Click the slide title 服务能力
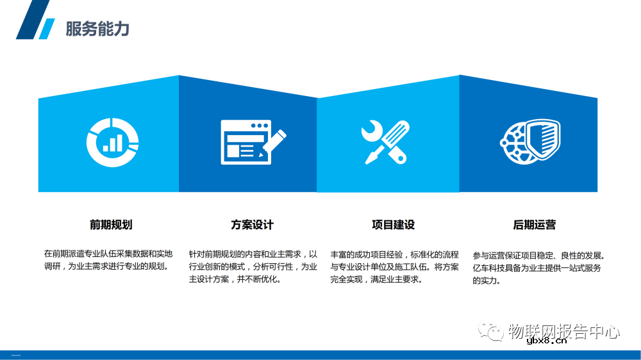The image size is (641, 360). [x=97, y=29]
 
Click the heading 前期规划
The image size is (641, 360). [x=111, y=225]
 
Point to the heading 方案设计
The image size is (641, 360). [x=252, y=225]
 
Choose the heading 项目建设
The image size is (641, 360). [x=393, y=225]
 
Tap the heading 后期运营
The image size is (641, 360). [x=534, y=225]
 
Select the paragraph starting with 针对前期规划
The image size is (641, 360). [x=253, y=266]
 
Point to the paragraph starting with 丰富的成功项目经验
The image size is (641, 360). [x=394, y=266]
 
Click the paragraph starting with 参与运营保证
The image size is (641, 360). [x=538, y=267]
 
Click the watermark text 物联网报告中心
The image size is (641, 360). [x=563, y=331]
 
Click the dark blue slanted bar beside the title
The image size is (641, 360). [x=32, y=19]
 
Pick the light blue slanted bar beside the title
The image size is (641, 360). [x=46, y=29]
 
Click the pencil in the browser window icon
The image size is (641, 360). [x=274, y=142]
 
